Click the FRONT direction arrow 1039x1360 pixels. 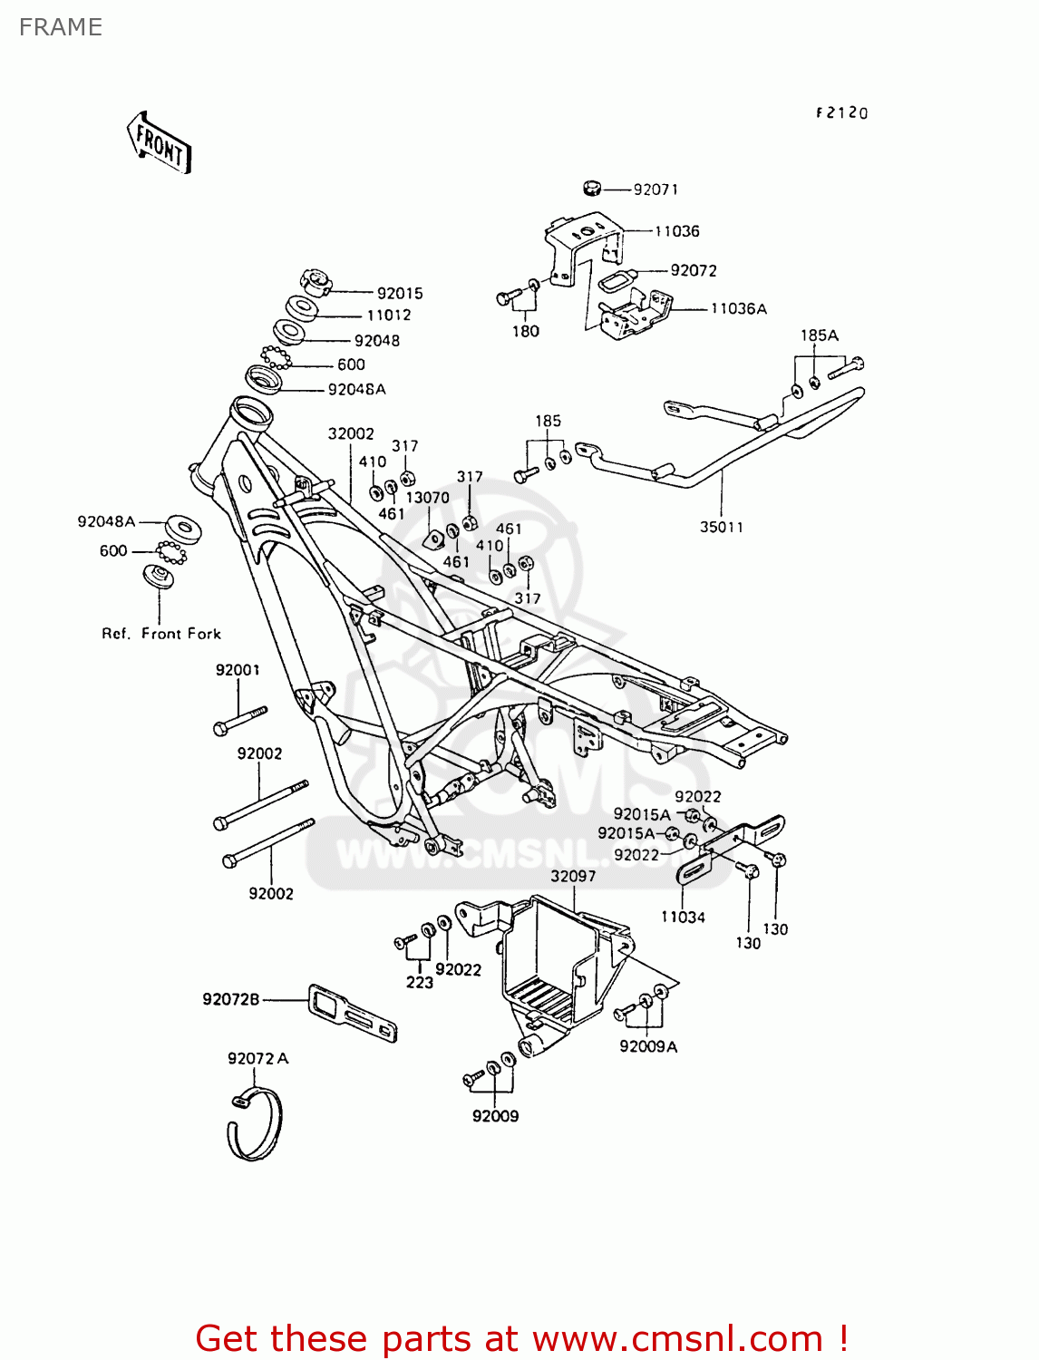[159, 143]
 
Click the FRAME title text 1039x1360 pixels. [61, 27]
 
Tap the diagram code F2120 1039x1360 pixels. [841, 113]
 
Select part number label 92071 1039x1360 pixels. [655, 189]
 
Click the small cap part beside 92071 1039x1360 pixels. [591, 189]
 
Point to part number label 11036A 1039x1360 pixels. [738, 309]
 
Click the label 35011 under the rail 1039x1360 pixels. [721, 527]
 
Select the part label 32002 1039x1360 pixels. [351, 434]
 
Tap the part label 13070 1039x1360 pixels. [427, 498]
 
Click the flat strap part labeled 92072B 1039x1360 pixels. [354, 1014]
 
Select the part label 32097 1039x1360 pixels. [573, 877]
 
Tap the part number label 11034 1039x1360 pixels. [683, 918]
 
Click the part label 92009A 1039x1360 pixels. [648, 1046]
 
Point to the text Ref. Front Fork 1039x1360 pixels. [161, 634]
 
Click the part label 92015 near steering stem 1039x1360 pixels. [400, 294]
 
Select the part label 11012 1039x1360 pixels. [389, 316]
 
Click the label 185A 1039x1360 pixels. [819, 335]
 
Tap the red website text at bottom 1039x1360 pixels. [522, 1338]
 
